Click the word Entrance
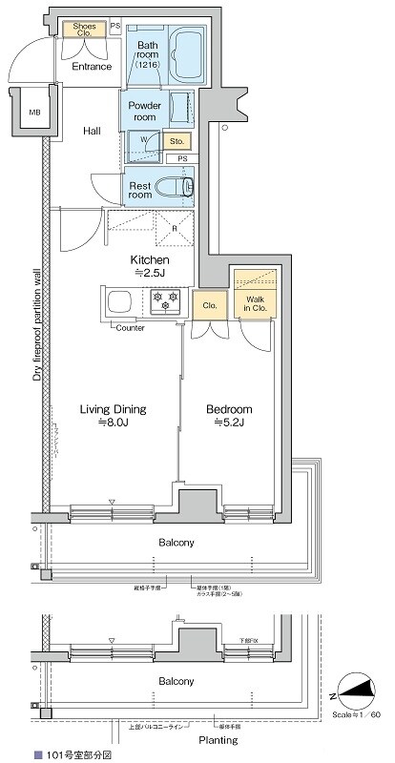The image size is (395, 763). [92, 67]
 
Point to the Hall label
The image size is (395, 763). [92, 131]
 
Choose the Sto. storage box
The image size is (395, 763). [177, 142]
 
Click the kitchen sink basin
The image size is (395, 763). [122, 304]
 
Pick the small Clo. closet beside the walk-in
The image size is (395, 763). [209, 305]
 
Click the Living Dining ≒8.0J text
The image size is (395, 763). [113, 416]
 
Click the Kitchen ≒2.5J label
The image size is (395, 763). [150, 267]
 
